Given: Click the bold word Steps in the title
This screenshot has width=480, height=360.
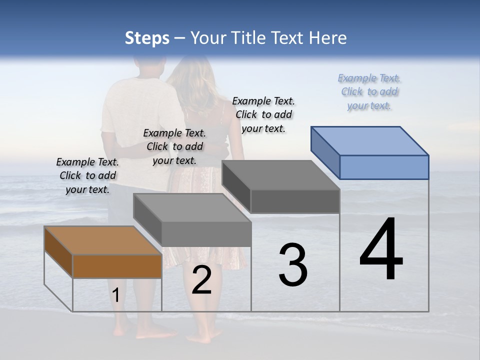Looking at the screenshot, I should (x=147, y=38).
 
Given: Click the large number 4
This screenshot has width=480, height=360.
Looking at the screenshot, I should (x=381, y=250).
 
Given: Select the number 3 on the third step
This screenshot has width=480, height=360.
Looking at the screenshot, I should (x=293, y=265).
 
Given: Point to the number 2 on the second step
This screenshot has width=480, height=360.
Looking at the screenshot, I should (x=201, y=280).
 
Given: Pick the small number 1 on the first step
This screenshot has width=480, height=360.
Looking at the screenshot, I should (x=115, y=295).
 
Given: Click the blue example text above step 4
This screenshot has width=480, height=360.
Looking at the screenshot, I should (x=369, y=92).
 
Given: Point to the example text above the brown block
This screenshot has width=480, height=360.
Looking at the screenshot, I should (x=87, y=175).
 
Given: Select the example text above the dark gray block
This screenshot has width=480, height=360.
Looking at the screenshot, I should (x=263, y=114).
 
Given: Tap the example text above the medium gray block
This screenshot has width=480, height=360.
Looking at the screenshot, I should (x=174, y=146).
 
